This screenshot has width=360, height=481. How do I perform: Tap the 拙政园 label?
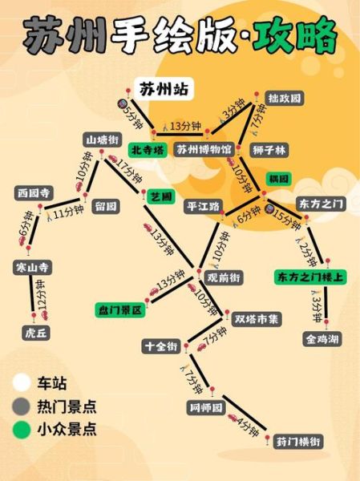[285, 99]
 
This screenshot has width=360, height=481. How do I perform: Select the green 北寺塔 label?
[148, 150]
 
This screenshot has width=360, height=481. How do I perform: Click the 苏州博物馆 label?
[204, 150]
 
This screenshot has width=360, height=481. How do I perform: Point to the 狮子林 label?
[270, 150]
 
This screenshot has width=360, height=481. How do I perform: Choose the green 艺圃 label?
[160, 196]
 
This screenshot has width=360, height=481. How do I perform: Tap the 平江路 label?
[203, 205]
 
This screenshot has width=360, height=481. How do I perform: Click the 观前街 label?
[224, 277]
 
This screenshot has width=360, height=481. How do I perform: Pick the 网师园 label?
[206, 407]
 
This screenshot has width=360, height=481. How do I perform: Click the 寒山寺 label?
[33, 266]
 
